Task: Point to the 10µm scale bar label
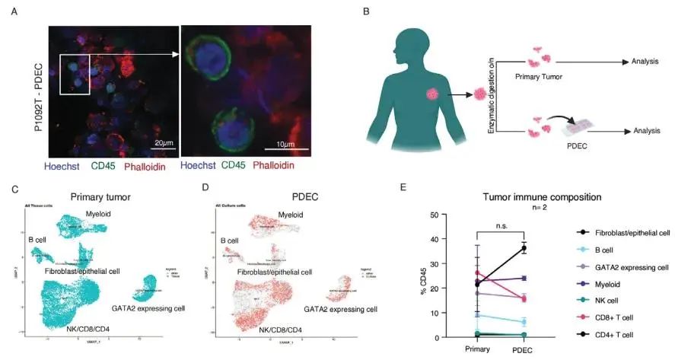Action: coord(285,142)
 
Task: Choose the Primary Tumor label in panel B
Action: coord(538,77)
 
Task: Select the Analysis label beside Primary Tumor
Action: coord(645,59)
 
